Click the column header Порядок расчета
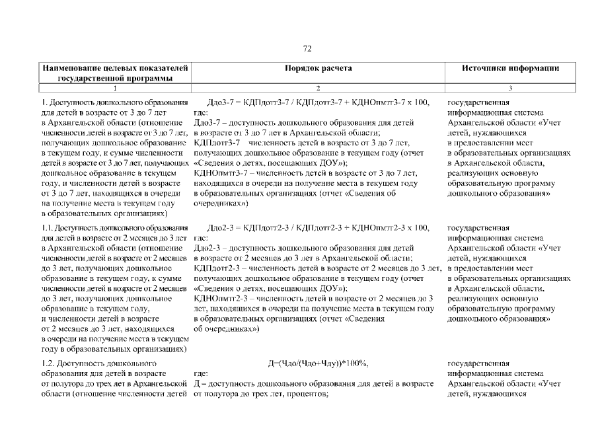point(318,68)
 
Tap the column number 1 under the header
point(115,87)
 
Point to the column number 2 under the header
point(318,87)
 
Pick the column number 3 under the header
point(511,87)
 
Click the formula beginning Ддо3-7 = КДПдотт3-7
point(318,102)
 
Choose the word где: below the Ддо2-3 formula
point(202,237)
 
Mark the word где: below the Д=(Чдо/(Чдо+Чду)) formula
point(202,373)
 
